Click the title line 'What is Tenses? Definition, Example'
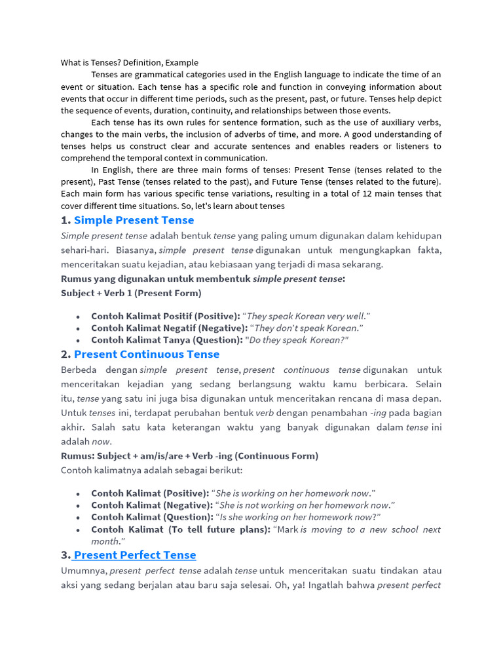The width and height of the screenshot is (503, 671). (129, 63)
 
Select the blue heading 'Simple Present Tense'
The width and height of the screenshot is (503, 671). (134, 220)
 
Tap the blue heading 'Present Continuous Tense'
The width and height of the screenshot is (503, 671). (147, 355)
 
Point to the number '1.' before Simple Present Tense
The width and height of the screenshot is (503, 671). (65, 220)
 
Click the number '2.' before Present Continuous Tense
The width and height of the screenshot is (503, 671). (65, 355)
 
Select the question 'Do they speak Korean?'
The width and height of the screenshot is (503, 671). (297, 340)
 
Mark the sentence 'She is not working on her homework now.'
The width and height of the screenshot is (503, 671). (307, 505)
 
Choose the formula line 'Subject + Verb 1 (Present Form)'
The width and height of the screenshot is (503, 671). (131, 293)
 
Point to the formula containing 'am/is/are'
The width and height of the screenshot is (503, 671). (190, 456)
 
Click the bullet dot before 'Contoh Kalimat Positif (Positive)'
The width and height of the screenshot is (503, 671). (78, 316)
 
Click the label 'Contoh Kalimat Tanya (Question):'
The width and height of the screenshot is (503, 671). (166, 340)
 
